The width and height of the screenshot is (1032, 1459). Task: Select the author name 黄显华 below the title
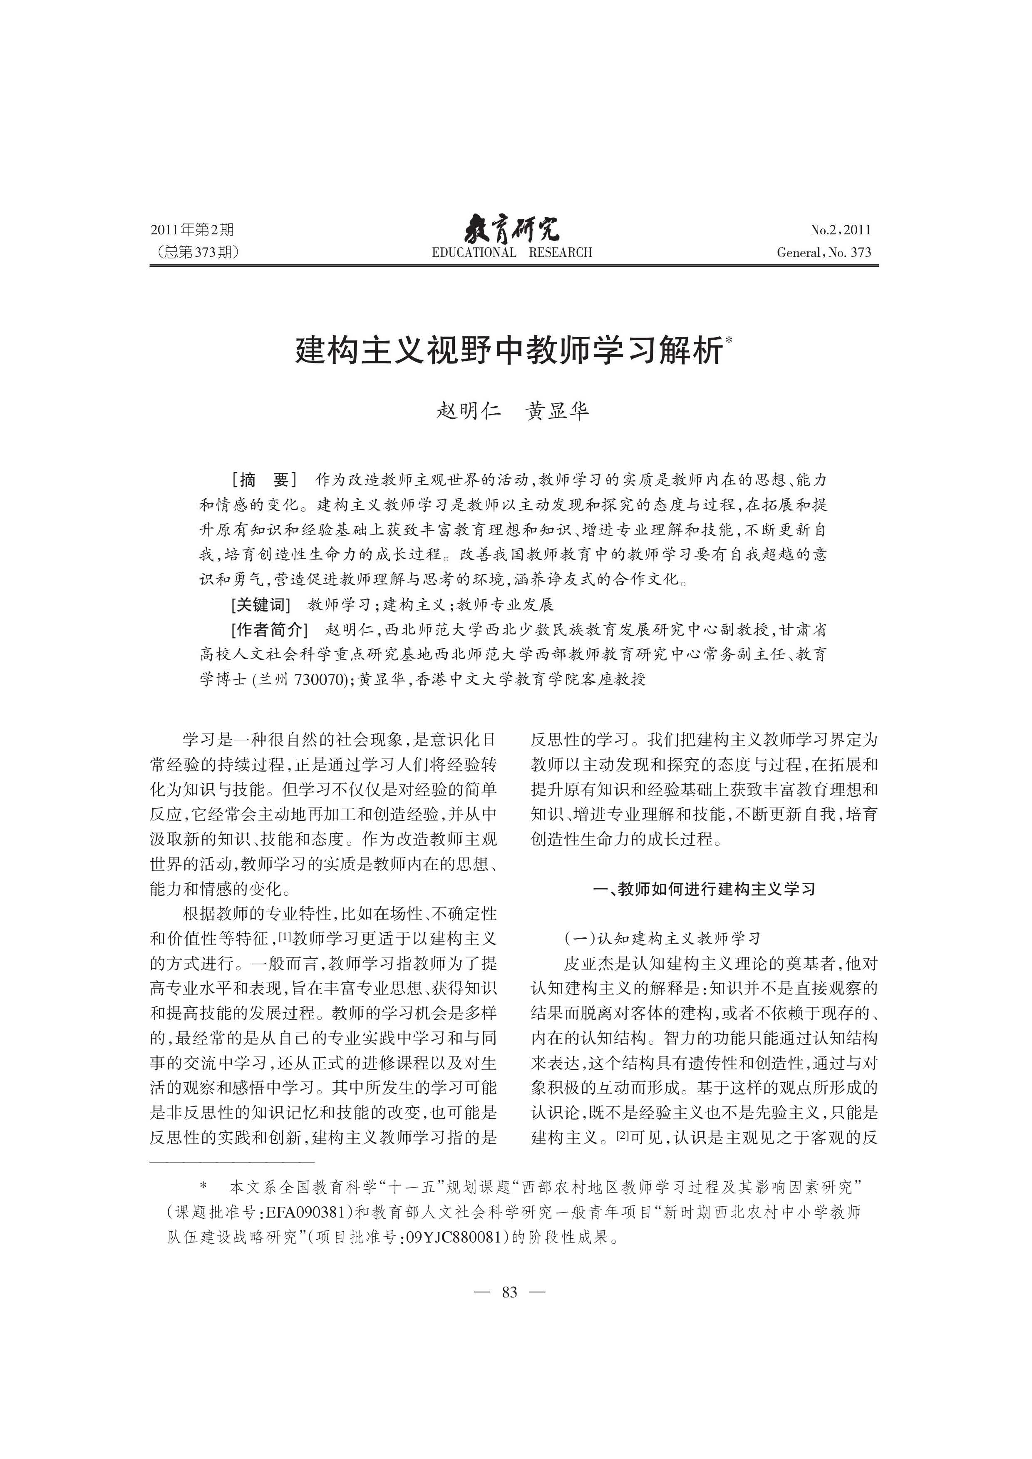[x=557, y=411]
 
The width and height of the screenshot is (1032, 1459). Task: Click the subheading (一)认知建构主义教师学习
[x=662, y=938]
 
